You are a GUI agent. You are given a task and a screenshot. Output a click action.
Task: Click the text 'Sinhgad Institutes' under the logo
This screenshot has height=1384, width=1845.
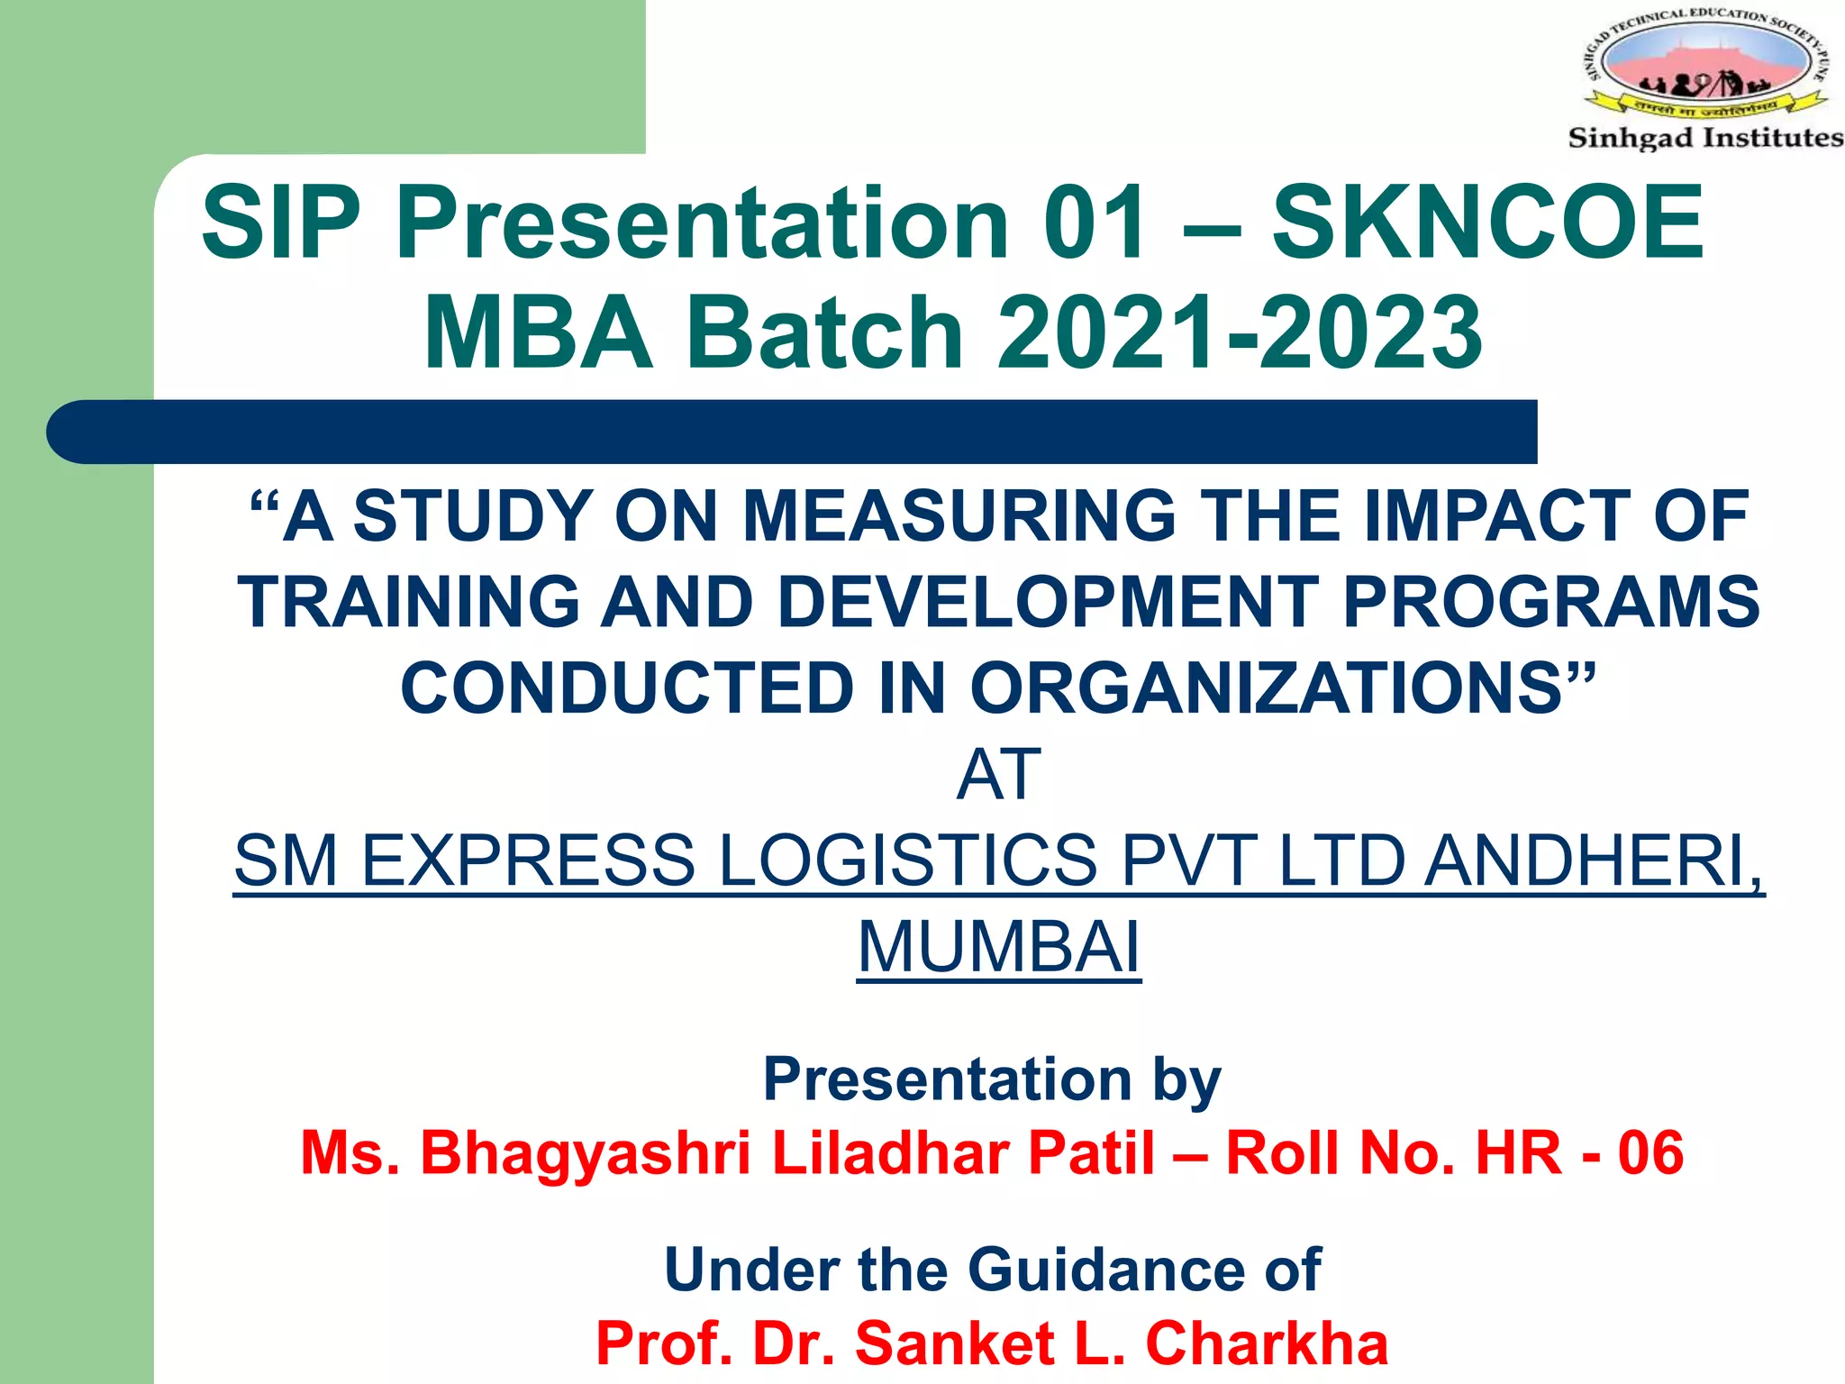pyautogui.click(x=1704, y=138)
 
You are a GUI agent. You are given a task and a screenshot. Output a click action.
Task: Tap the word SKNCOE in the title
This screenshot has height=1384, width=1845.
pyautogui.click(x=1486, y=223)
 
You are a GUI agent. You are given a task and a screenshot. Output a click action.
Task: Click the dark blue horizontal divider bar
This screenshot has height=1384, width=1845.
pyautogui.click(x=793, y=432)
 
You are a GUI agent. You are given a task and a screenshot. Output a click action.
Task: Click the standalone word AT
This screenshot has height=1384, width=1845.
pyautogui.click(x=998, y=775)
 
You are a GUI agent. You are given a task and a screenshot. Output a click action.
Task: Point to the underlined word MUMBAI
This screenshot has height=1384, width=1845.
pyautogui.click(x=998, y=947)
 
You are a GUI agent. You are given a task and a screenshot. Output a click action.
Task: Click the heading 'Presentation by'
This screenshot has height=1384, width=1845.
pyautogui.click(x=992, y=1079)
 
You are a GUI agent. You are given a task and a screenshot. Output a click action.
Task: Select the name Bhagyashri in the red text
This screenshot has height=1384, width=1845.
pyautogui.click(x=585, y=1152)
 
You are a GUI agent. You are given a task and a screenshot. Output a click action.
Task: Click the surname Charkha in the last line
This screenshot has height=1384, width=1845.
pyautogui.click(x=1266, y=1343)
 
